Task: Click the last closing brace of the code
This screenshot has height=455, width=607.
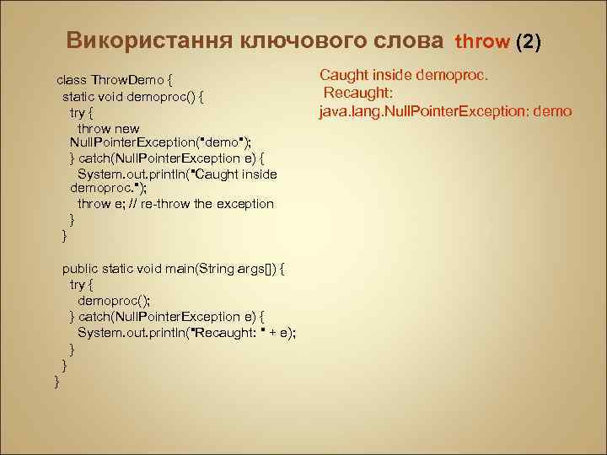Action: (x=56, y=381)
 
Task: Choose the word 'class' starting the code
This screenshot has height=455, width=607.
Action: (x=72, y=80)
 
